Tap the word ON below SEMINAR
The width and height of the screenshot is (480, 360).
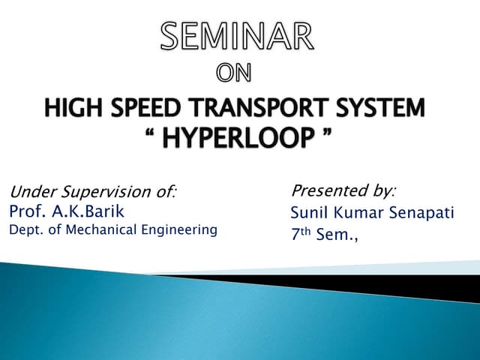coord(235,73)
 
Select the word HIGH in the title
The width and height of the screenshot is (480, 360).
coord(70,109)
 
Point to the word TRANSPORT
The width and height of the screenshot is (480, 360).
coord(256,109)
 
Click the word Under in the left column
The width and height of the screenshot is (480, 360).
coord(29,192)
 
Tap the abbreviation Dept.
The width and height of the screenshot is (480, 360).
coord(24,230)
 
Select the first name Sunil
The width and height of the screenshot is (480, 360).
coord(308,213)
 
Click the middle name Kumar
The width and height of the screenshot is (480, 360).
coord(358,213)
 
